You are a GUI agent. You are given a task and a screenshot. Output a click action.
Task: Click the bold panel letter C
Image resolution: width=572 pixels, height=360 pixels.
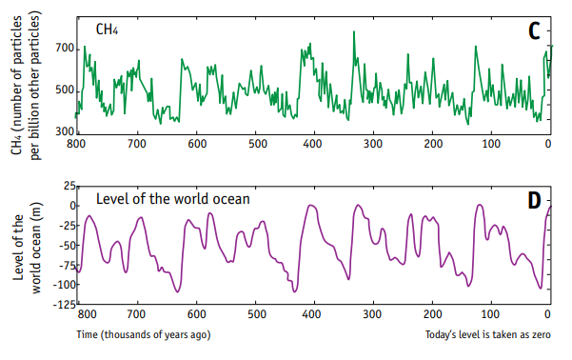click(534, 31)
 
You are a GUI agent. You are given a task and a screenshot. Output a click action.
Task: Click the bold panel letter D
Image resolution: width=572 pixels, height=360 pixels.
click(535, 200)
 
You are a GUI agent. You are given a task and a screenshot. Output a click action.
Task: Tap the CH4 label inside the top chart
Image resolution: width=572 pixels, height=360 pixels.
click(107, 30)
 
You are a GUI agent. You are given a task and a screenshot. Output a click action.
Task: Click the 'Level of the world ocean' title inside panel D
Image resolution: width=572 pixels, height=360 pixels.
click(173, 199)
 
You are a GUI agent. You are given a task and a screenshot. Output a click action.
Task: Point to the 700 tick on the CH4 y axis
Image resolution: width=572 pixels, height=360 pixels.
click(65, 49)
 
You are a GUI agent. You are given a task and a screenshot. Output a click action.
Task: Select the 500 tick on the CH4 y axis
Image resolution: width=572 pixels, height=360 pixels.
click(65, 90)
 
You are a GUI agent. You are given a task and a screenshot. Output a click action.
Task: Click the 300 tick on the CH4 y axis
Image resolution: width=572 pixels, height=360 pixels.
click(65, 131)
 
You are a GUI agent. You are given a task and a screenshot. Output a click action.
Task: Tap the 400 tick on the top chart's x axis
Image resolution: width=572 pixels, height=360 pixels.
click(312, 144)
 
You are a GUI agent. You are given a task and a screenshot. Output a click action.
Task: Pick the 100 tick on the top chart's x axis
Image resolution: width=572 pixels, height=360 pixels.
click(491, 144)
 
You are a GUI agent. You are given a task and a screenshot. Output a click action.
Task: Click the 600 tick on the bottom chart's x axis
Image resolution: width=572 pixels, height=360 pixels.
click(197, 314)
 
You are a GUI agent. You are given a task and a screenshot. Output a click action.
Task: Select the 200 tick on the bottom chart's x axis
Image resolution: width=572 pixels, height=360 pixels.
click(433, 314)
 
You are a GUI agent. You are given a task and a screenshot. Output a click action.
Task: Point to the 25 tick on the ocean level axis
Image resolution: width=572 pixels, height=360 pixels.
click(69, 187)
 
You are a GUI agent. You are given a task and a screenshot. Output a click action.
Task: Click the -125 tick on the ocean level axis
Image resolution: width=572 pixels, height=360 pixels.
click(65, 304)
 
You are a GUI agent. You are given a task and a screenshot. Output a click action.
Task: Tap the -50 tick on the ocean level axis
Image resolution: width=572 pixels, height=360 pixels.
click(67, 245)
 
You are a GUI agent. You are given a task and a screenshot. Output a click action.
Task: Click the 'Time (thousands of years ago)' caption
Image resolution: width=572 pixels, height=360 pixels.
click(144, 334)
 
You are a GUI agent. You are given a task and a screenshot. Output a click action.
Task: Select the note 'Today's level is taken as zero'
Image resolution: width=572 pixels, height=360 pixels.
click(488, 334)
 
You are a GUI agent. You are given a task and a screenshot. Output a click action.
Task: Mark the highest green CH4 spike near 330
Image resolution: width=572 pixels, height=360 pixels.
click(353, 32)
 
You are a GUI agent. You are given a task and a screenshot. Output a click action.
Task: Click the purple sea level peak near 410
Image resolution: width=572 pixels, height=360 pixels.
click(311, 205)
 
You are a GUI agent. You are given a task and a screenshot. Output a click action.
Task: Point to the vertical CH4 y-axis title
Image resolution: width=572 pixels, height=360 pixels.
click(27, 86)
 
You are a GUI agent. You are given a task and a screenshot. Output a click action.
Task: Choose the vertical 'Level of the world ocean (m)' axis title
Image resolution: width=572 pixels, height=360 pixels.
click(28, 248)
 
